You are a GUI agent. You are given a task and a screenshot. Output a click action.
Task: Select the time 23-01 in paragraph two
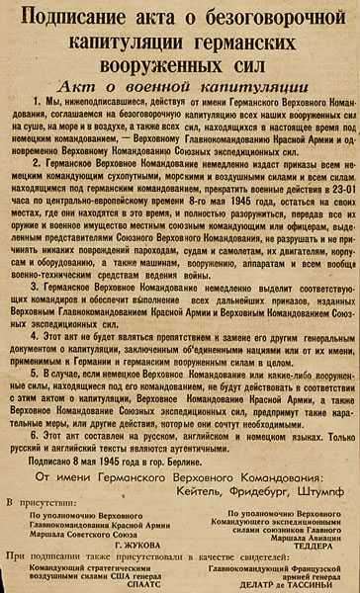319,214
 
